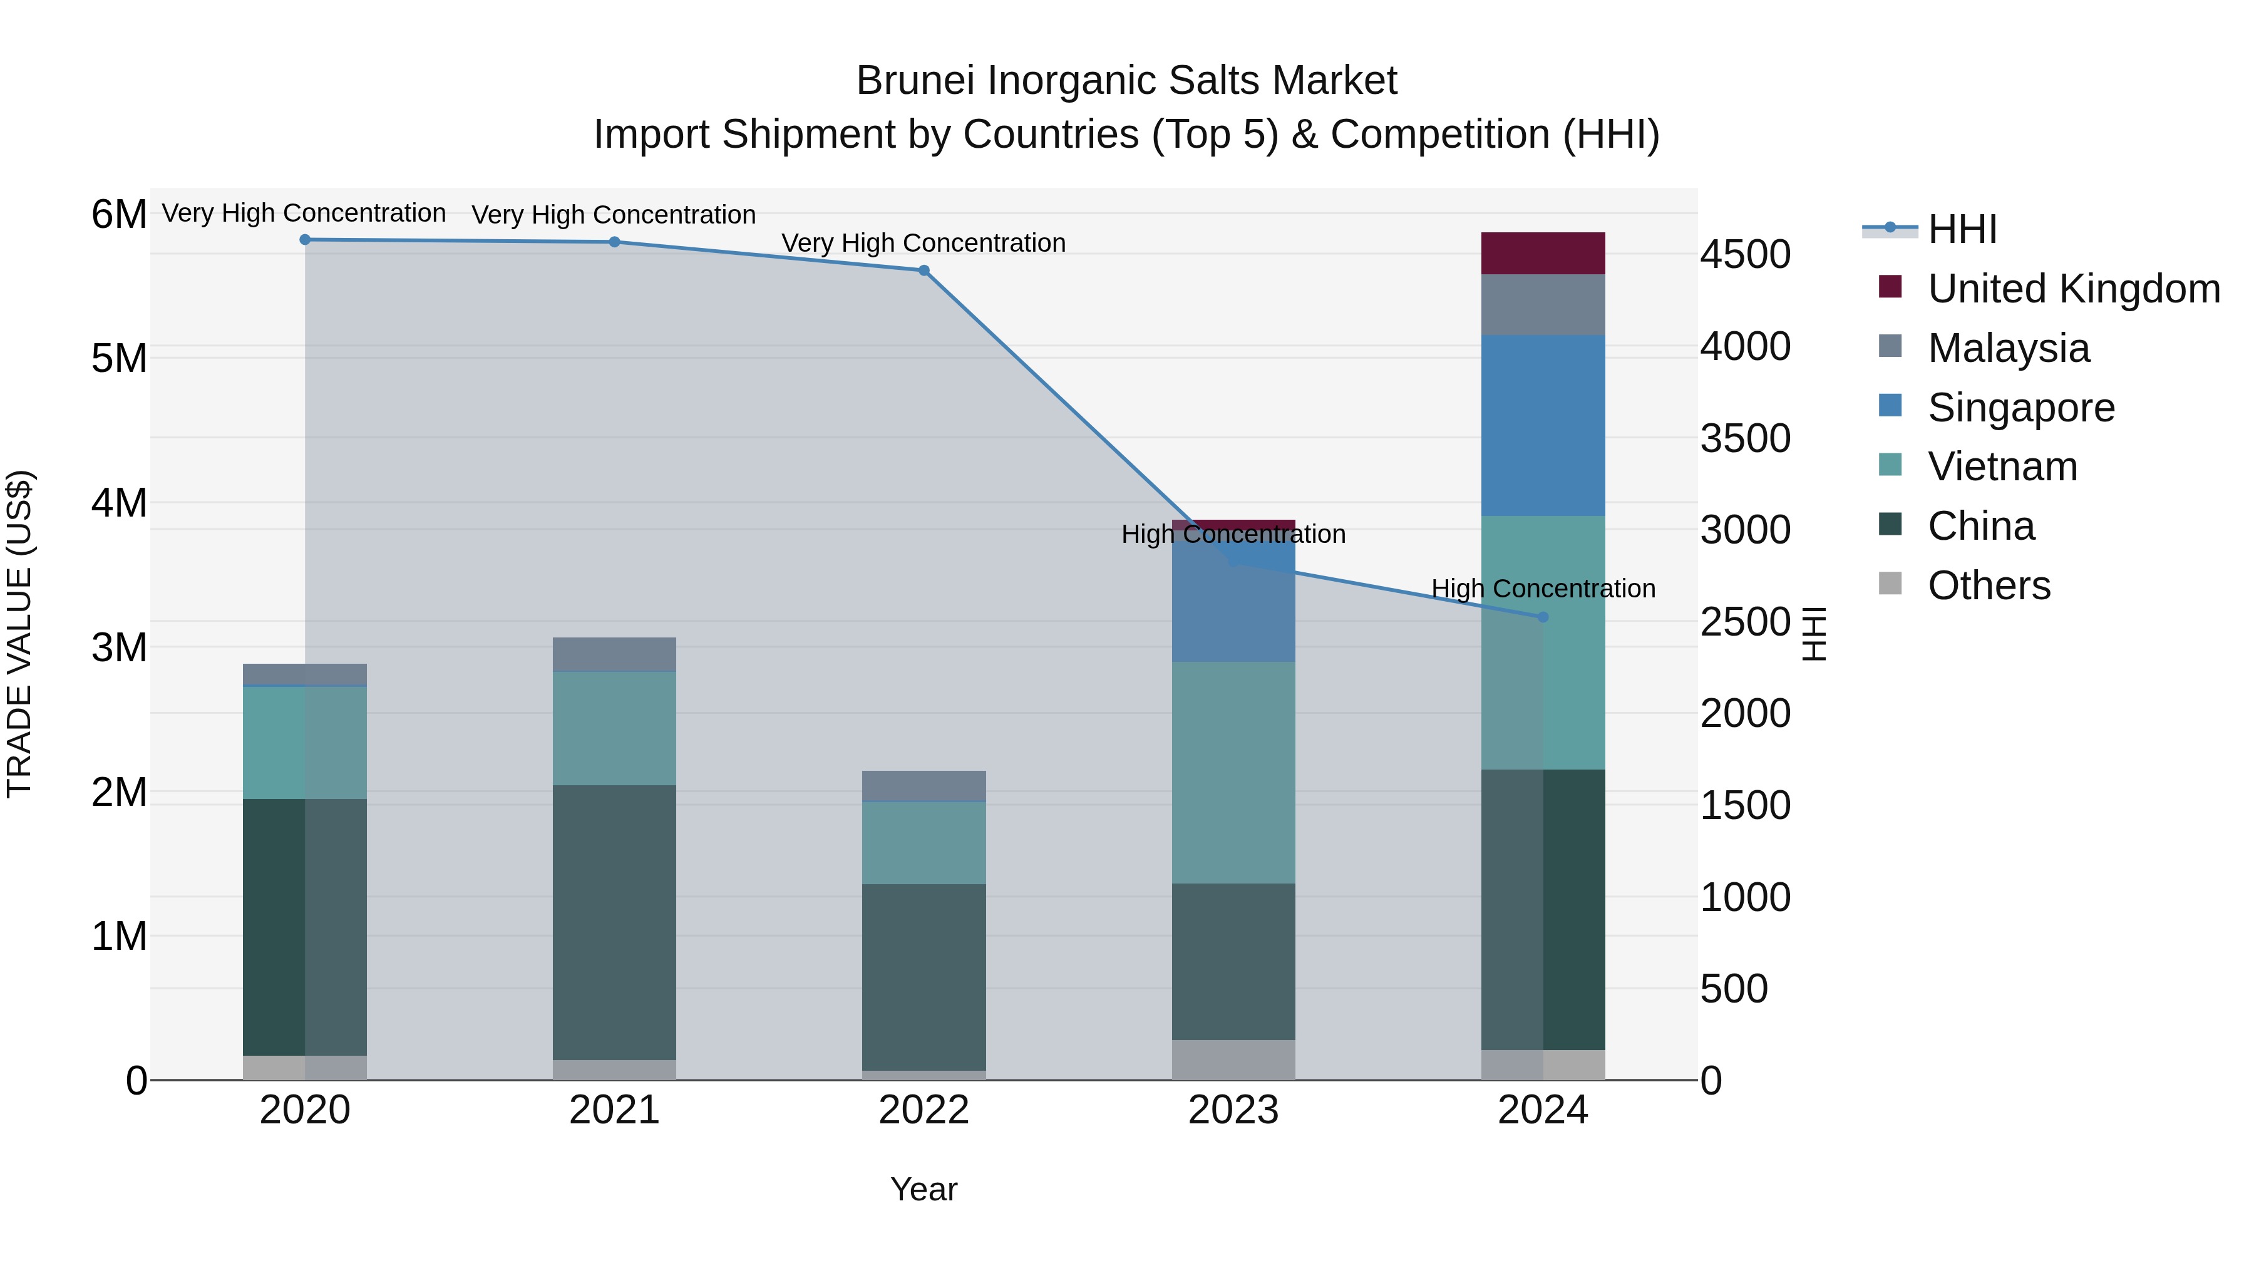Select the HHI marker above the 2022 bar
pos(924,271)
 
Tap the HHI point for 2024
pos(1543,617)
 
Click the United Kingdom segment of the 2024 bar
pos(1543,254)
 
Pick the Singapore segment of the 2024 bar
pos(1543,425)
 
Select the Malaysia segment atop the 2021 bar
pos(614,654)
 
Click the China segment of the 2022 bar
pos(924,977)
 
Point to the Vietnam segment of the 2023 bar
pos(1233,772)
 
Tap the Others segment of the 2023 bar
pos(1233,1059)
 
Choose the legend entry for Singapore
pos(2021,408)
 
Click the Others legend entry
pos(1989,585)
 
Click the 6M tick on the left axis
pos(119,214)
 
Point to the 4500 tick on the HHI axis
pos(1746,255)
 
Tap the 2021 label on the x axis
pos(614,1110)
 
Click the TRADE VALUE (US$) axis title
pos(19,634)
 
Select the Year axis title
pos(924,1189)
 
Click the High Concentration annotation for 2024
pos(1543,589)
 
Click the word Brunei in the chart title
pos(915,81)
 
